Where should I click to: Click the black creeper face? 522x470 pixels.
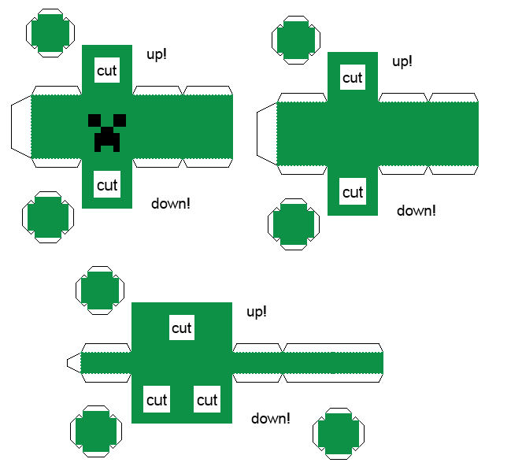(x=107, y=131)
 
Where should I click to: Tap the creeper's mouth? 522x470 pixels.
(x=107, y=141)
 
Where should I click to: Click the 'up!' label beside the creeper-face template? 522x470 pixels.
(x=157, y=54)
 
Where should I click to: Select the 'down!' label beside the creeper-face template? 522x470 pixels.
(x=171, y=203)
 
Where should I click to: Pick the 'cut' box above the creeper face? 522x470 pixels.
(x=107, y=70)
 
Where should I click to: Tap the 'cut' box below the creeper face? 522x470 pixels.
(x=107, y=185)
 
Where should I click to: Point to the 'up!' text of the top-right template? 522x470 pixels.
(x=402, y=61)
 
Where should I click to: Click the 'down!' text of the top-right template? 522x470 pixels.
(x=416, y=210)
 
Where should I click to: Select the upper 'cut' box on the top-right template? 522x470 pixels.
(x=353, y=77)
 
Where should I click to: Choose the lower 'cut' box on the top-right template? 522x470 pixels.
(x=353, y=192)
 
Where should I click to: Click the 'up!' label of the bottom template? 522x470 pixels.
(x=257, y=312)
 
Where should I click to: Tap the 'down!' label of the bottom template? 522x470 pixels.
(x=271, y=418)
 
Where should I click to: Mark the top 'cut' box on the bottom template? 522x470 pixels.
(x=182, y=328)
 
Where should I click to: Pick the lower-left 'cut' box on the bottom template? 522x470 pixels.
(x=157, y=400)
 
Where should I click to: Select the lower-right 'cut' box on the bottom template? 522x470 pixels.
(x=207, y=400)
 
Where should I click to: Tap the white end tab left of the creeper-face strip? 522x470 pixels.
(x=20, y=126)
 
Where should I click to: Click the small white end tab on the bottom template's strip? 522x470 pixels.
(x=73, y=363)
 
